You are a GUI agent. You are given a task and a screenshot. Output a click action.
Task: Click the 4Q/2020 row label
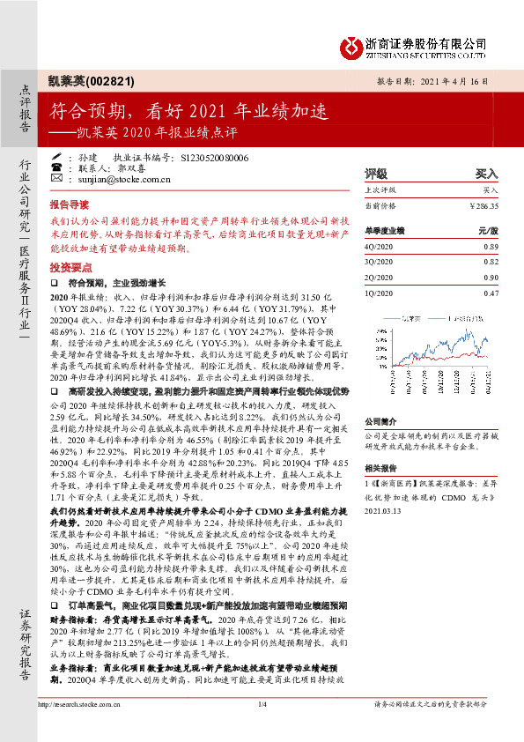379,248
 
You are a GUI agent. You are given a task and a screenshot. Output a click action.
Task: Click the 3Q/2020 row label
379,263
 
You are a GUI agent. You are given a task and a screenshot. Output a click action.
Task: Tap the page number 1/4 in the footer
262,728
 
